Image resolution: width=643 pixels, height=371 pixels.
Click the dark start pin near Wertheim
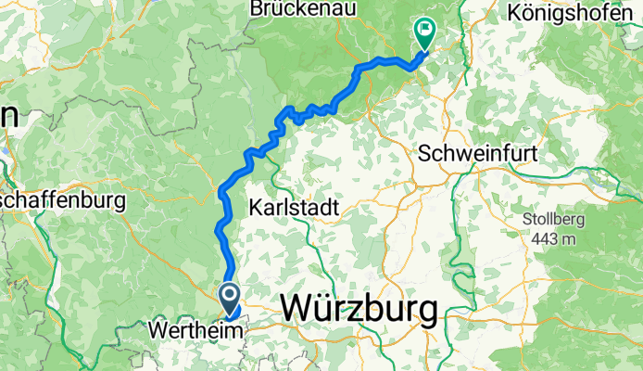(x=229, y=297)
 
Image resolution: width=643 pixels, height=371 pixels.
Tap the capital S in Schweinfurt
(x=425, y=152)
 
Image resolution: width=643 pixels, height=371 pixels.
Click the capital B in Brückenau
(x=255, y=8)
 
